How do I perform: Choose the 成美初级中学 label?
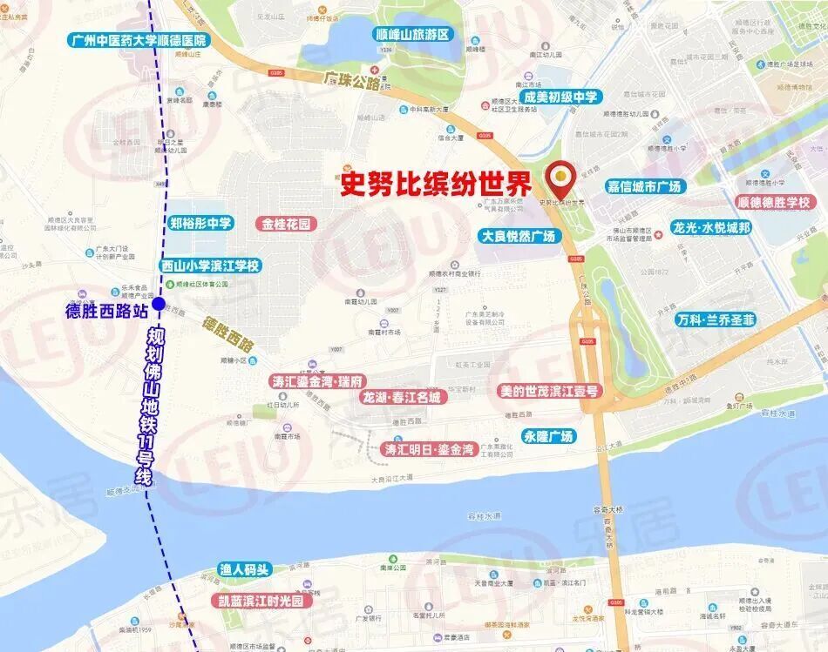point(560,97)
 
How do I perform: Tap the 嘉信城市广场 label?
point(646,186)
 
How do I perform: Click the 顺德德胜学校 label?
point(773,202)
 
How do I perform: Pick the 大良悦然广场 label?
point(518,236)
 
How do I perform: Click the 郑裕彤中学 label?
point(200,223)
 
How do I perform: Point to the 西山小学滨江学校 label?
point(210,266)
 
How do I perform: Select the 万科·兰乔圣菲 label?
point(716,319)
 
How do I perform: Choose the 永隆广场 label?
point(548,436)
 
